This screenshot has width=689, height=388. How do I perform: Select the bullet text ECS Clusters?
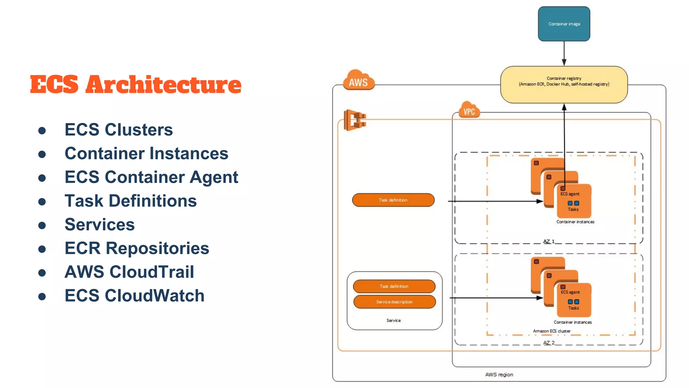[x=118, y=130]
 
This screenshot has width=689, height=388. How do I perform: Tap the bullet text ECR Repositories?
[x=137, y=248]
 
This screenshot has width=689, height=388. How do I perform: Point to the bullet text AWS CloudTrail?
[x=129, y=272]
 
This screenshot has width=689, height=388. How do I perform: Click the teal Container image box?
[x=564, y=24]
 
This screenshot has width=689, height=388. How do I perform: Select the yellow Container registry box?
[x=564, y=85]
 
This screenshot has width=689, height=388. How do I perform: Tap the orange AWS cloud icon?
[x=358, y=81]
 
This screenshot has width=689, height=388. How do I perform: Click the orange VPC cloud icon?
[x=469, y=110]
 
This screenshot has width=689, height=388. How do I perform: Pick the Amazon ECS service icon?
[x=355, y=120]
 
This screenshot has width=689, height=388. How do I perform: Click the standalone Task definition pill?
[x=393, y=200]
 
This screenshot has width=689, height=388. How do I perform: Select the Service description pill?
[x=394, y=302]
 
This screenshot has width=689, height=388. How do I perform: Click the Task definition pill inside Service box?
[x=394, y=286]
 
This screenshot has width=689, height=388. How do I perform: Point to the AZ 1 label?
[x=549, y=241]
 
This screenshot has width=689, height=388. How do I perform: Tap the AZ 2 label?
[x=549, y=343]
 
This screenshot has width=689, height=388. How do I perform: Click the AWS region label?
[x=499, y=375]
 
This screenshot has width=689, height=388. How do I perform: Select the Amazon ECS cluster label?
[x=552, y=331]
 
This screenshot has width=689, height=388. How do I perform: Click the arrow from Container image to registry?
[x=564, y=53]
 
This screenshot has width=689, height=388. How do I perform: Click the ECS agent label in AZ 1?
[x=570, y=194]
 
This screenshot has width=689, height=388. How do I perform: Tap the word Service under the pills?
[x=394, y=320]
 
